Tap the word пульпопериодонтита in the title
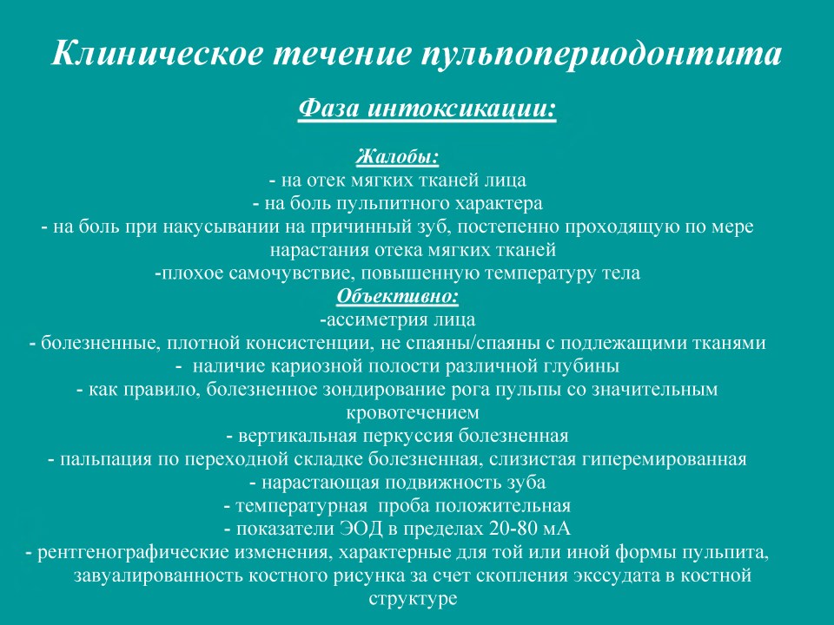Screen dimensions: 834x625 pos(601,54)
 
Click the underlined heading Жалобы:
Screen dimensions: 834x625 pos(397,157)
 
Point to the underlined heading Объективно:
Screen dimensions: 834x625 pos(397,296)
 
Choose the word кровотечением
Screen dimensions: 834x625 pos(413,413)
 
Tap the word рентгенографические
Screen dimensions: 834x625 pos(132,553)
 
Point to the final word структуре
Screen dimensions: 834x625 pos(413,598)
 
